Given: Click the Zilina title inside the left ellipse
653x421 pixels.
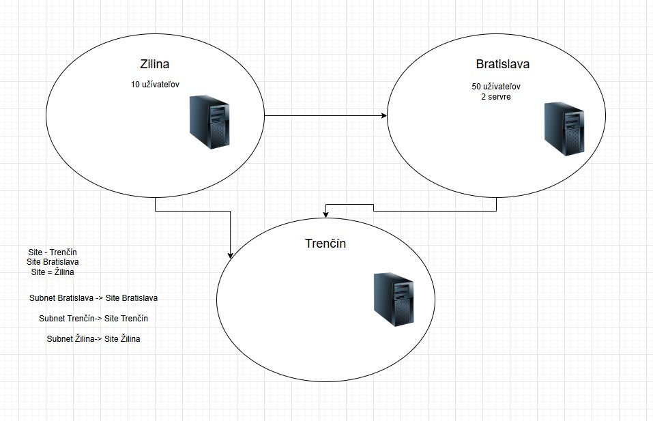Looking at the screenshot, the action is [154, 64].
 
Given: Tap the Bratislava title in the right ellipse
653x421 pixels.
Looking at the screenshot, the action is [503, 64].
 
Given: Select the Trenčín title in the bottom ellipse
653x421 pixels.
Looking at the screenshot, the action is [325, 243].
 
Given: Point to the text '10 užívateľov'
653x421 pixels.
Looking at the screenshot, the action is [155, 85].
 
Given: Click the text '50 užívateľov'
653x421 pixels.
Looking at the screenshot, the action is [496, 87].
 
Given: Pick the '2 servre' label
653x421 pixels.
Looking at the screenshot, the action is [496, 97].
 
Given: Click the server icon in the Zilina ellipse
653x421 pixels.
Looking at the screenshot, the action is [209, 122].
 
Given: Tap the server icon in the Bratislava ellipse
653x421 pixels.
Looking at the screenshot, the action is [564, 129].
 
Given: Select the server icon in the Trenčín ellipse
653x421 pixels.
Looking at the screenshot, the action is [394, 300].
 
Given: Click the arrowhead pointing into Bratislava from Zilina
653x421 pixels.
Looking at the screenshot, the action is [384, 115].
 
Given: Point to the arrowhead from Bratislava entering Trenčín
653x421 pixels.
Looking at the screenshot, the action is [326, 214].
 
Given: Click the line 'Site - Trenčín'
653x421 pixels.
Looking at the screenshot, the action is [53, 252].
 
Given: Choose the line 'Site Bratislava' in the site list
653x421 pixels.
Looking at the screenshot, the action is [53, 262].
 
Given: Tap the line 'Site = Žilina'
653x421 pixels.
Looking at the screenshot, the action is [53, 272].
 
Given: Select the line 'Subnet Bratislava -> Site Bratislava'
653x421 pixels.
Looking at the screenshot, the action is [93, 298].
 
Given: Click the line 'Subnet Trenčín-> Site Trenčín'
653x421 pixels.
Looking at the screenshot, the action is [93, 319].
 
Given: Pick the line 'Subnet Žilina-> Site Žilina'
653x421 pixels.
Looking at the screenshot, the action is [93, 339].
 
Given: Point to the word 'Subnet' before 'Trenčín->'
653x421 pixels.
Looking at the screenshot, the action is [52, 319].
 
